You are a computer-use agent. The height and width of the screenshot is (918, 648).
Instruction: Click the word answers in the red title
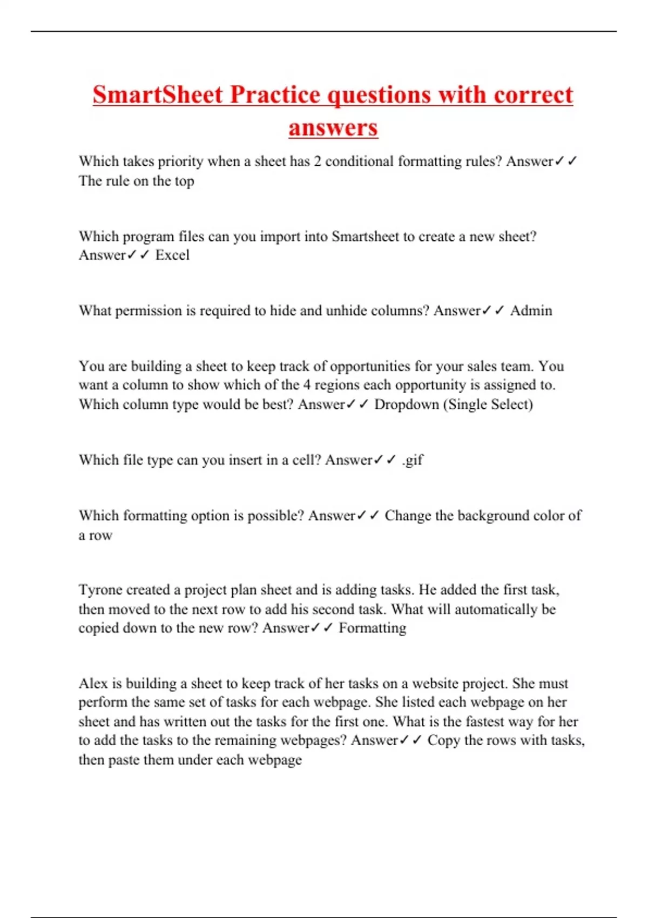(333, 128)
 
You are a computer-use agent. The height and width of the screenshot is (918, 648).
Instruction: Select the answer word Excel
(172, 255)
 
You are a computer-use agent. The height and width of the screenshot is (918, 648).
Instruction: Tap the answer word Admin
(531, 310)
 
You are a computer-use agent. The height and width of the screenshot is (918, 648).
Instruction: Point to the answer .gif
(413, 460)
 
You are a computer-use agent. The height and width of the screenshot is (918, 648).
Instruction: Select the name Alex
(93, 683)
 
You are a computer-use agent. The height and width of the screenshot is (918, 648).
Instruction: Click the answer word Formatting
(372, 628)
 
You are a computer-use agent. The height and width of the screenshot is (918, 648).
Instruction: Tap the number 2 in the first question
(318, 161)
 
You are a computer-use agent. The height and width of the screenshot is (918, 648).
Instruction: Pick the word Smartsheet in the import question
(365, 237)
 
